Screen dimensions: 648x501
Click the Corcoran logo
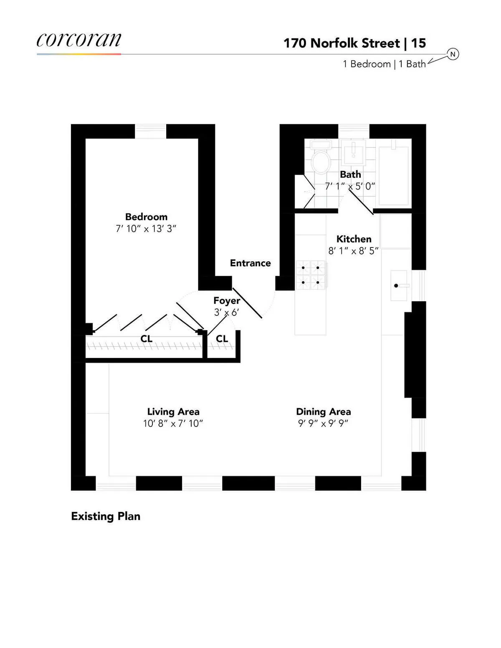coord(79,40)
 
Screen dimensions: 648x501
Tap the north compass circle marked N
coord(453,54)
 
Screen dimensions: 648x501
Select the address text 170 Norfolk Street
coord(342,43)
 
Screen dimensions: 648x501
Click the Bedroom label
coord(146,217)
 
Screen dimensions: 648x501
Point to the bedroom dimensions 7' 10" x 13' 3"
coord(146,229)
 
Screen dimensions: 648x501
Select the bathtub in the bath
coord(393,175)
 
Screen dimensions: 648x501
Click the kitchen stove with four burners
coord(311,275)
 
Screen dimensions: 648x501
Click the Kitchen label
coord(354,239)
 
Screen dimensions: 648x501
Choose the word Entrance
coord(250,263)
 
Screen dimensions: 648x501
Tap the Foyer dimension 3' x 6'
coord(226,312)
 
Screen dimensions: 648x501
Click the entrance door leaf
coord(247,303)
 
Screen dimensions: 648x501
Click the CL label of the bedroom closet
coord(146,338)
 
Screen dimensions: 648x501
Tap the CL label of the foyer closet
coord(222,338)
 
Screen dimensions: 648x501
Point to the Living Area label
coord(173,412)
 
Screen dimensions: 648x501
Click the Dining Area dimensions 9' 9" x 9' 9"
coord(323,423)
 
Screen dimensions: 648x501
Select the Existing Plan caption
coord(106,516)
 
